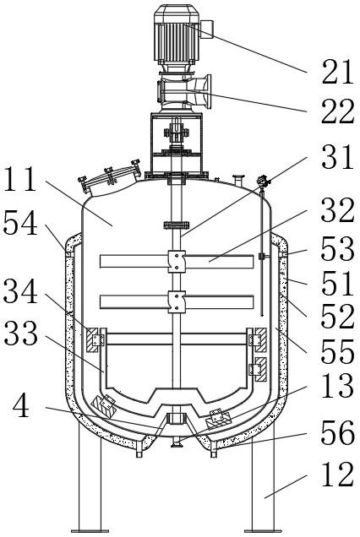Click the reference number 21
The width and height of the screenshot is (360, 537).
[337, 73]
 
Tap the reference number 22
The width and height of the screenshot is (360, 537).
[337, 111]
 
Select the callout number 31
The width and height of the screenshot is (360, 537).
[337, 156]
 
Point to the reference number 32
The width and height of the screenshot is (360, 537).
[337, 210]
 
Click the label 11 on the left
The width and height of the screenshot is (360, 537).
[19, 179]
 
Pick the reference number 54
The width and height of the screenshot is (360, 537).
[20, 223]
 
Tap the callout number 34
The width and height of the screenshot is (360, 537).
[20, 290]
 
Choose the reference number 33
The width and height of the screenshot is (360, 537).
[20, 333]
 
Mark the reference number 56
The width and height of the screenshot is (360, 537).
[337, 432]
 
